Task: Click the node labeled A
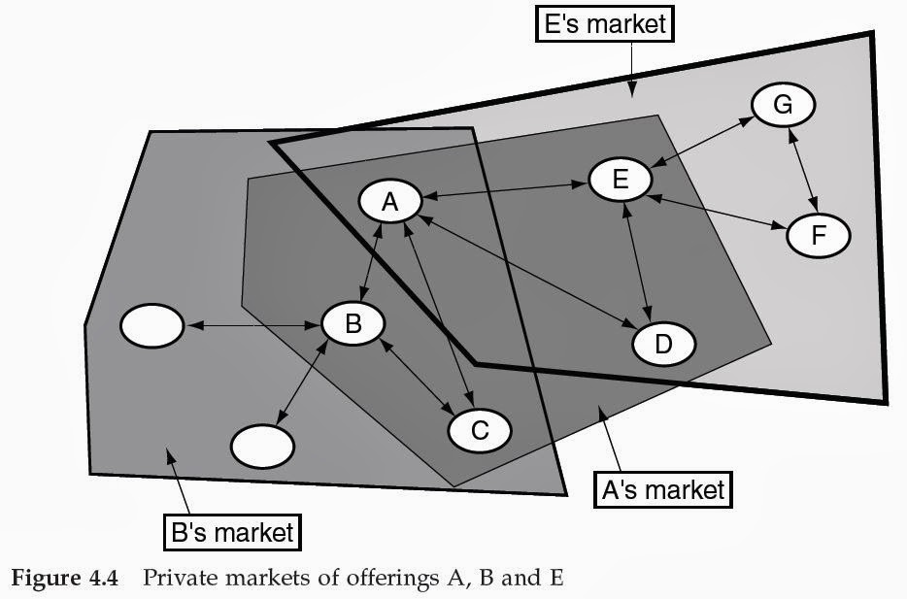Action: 389,202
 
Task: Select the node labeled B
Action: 353,324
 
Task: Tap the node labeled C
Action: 479,428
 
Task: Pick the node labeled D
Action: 664,343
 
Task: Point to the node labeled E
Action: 621,180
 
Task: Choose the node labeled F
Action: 818,236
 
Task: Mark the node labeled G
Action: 783,104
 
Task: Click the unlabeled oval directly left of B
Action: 151,327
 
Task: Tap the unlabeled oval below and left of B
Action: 262,446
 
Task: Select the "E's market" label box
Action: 606,23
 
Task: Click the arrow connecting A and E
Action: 505,191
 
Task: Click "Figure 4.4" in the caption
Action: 65,579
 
